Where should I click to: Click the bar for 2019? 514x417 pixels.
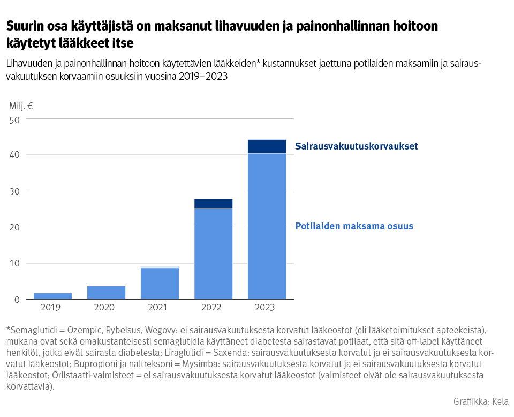pos(52,296)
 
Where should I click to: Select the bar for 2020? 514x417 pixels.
pos(106,293)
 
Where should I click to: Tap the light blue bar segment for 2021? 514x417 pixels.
pos(160,284)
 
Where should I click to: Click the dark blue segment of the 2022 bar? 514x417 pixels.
pos(213,204)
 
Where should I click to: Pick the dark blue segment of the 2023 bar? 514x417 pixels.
pos(267,146)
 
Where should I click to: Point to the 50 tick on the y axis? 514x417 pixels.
pos(14,120)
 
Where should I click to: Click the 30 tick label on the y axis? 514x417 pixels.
pos(14,191)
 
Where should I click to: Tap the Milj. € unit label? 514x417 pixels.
pos(21,106)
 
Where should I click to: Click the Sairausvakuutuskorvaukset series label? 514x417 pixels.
pos(356,146)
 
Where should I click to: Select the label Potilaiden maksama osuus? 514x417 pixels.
pos(354,226)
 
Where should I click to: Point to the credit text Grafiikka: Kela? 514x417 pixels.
pos(481,401)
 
